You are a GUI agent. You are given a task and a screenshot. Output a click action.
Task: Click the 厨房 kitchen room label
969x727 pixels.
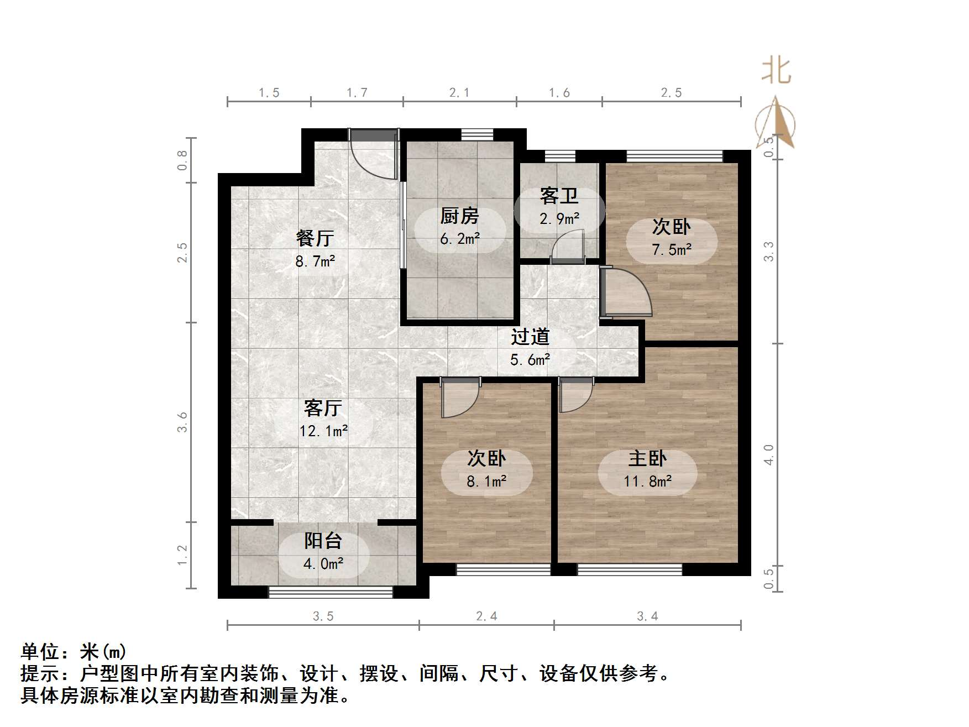[459, 216]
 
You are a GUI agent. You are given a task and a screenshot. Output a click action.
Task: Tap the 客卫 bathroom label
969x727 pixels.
[559, 196]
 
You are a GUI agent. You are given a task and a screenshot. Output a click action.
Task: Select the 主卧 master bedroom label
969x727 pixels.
[647, 458]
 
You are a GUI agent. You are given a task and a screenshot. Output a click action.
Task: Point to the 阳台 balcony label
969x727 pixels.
[323, 541]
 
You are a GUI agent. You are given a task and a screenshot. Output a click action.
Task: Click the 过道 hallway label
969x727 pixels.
[530, 337]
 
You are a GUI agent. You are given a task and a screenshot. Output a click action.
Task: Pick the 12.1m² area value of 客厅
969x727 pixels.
[323, 431]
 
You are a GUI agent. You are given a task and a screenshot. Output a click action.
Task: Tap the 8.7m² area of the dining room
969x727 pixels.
[315, 261]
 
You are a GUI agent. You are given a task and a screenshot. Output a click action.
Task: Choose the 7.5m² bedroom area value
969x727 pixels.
[672, 250]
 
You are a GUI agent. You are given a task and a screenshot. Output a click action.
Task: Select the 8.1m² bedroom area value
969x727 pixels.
[486, 482]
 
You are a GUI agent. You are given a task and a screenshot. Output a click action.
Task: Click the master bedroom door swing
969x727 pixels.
[575, 395]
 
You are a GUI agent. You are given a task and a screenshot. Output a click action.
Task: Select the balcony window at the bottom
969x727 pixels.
[330, 592]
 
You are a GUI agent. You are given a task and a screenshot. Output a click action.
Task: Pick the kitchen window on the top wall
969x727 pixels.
[477, 134]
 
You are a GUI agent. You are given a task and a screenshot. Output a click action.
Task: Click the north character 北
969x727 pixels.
[776, 71]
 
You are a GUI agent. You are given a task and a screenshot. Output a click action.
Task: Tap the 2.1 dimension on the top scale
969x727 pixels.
[459, 93]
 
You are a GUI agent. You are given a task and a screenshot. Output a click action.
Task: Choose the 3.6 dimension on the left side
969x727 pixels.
[182, 422]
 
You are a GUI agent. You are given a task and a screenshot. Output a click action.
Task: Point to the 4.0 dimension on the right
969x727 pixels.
[769, 454]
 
